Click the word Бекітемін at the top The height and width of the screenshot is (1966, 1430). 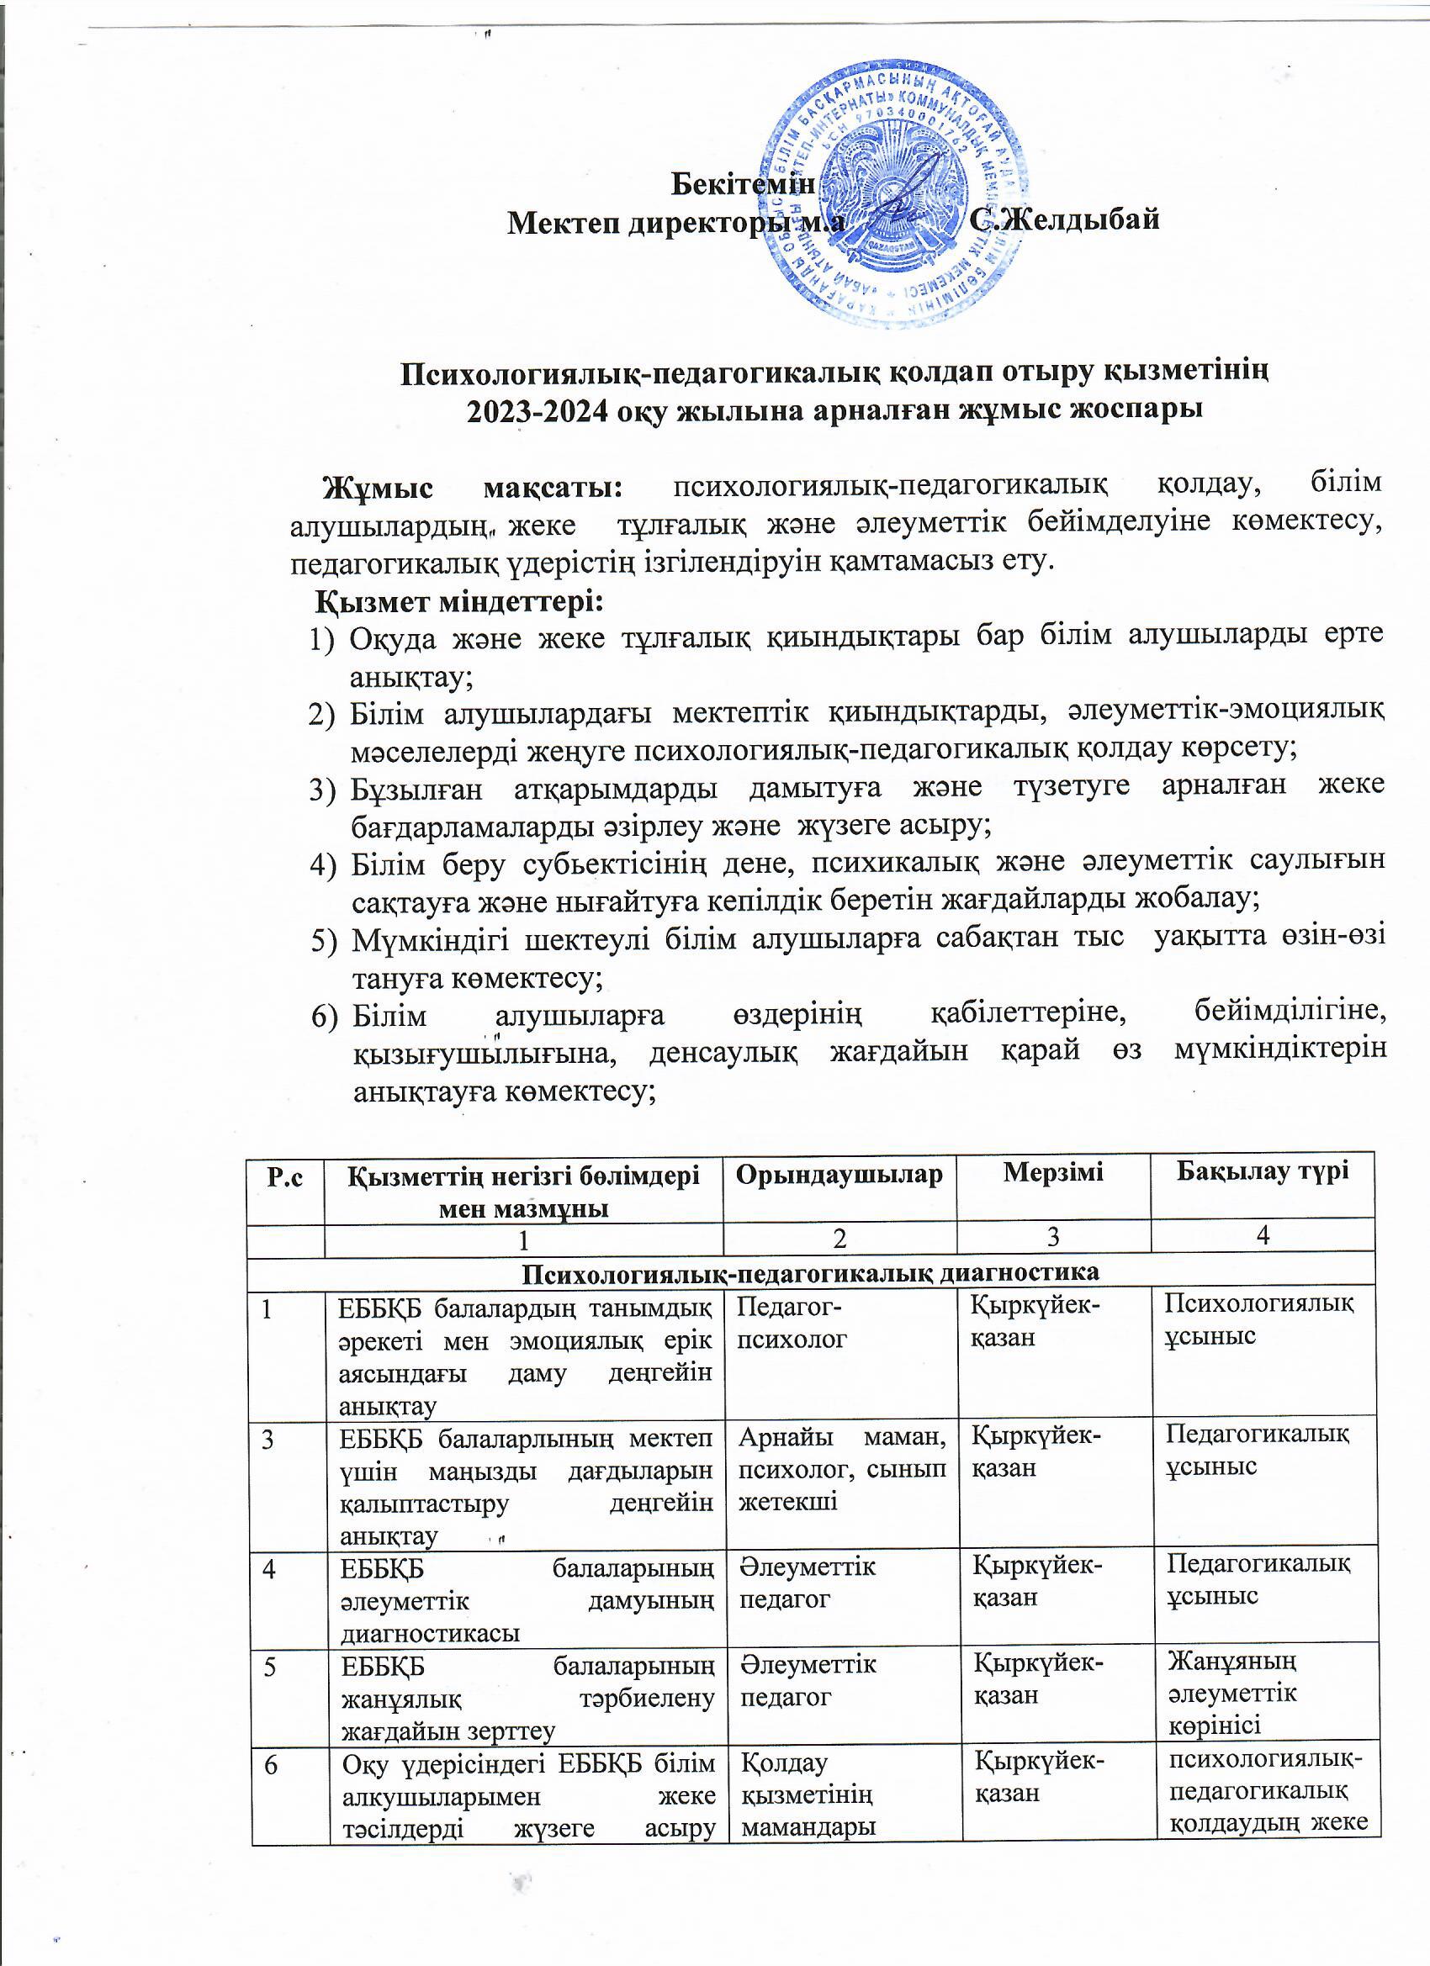click(x=744, y=184)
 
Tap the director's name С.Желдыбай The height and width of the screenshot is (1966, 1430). click(x=1064, y=219)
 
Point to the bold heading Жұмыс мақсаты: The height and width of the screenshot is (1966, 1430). click(x=473, y=487)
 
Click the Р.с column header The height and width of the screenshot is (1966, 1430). click(x=285, y=1178)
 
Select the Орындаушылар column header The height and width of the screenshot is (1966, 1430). click(x=839, y=1175)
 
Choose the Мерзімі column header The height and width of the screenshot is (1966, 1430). click(x=1053, y=1173)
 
